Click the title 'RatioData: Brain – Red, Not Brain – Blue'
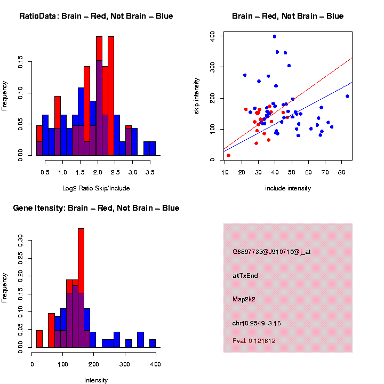point(96,16)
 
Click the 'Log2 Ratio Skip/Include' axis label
point(96,188)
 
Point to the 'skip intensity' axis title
point(212,96)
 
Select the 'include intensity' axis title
point(288,188)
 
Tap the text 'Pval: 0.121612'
point(254,340)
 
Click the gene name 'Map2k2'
point(244,299)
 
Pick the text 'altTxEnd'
point(245,276)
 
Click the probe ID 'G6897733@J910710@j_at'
point(271,251)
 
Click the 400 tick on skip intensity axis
point(212,36)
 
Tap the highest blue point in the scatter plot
point(274,37)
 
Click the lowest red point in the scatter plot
point(229,155)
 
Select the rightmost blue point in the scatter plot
point(347,96)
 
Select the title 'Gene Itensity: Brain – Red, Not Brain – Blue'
point(96,208)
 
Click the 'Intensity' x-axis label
point(96,380)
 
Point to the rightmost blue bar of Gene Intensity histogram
point(153,343)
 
